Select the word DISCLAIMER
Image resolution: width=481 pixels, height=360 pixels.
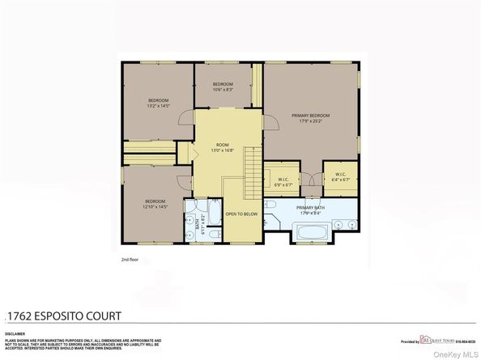(15, 331)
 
